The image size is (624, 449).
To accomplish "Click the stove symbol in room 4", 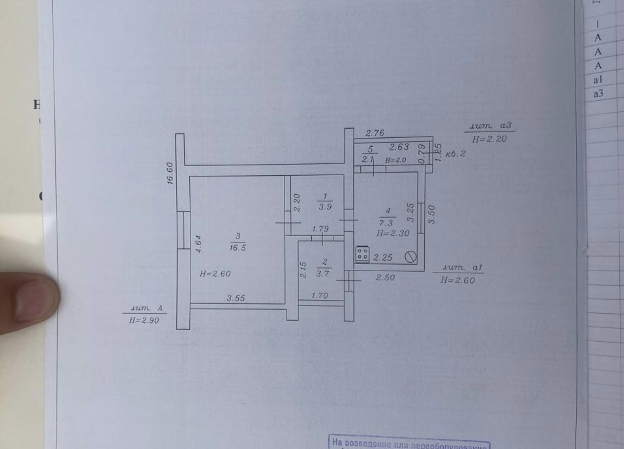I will [363, 254].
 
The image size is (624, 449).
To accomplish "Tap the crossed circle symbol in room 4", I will [410, 257].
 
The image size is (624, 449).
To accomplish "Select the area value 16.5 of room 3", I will [238, 248].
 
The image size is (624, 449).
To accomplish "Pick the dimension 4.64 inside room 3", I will [198, 244].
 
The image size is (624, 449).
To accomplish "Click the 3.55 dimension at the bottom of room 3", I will [236, 298].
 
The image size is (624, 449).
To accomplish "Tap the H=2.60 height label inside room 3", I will [215, 274].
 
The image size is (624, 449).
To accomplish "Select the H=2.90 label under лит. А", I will [144, 320].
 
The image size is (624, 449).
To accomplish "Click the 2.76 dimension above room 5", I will [374, 134].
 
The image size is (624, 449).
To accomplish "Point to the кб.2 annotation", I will [456, 154].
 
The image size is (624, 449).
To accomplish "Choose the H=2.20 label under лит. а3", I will [489, 139].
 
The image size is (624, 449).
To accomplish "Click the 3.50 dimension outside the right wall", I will [431, 214].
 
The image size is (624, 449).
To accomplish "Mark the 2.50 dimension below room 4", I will [385, 277].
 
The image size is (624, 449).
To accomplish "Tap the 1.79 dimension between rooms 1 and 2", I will [320, 229].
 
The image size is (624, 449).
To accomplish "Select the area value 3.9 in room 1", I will [325, 207].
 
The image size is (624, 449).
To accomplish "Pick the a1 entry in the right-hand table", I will [598, 80].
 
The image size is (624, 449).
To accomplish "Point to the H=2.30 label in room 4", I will [393, 233].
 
